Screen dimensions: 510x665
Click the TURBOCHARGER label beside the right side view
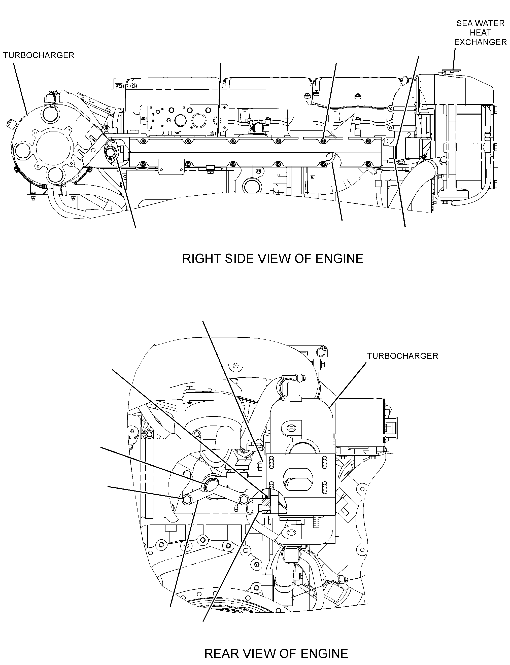pos(39,55)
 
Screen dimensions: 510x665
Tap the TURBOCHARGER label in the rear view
pos(402,356)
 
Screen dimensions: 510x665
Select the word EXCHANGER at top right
pos(481,42)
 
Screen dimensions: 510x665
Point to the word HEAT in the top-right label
pos(481,33)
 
